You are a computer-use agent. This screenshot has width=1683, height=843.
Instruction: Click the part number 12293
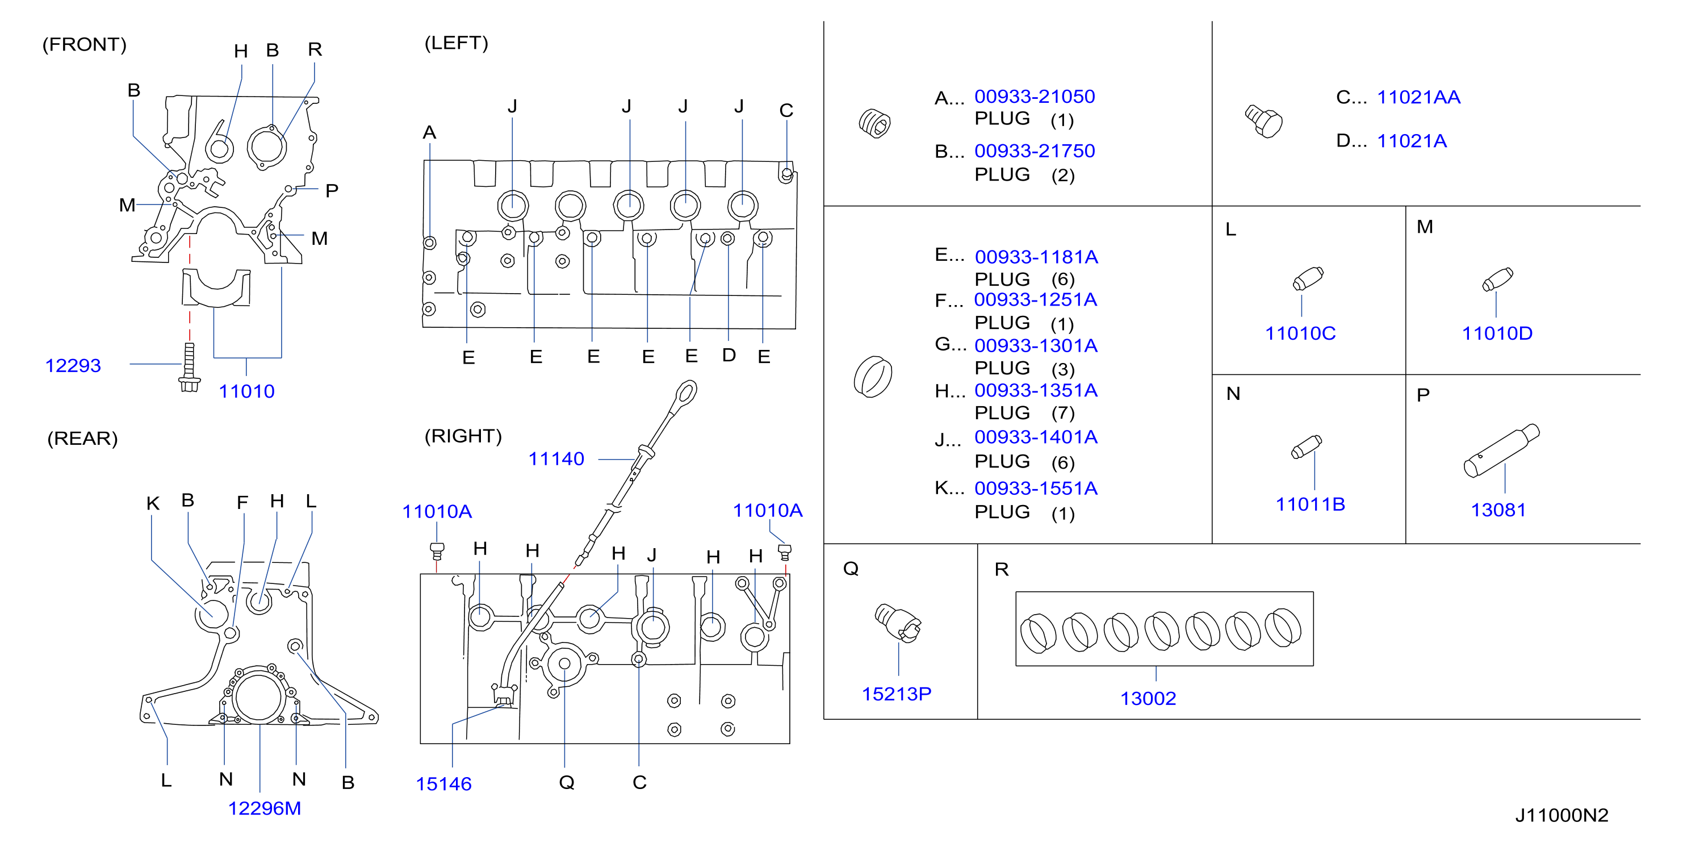point(73,365)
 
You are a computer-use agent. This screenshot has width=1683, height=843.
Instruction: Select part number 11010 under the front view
point(246,391)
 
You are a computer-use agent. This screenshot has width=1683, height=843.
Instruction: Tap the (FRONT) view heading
point(84,44)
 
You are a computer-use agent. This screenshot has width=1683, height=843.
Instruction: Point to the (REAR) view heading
point(82,439)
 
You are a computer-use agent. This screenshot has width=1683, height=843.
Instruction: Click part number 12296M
point(265,808)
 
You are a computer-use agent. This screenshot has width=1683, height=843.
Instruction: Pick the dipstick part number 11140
point(556,459)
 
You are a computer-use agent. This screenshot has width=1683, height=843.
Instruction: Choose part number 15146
point(443,783)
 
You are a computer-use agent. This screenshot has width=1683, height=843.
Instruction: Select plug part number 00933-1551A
point(1036,488)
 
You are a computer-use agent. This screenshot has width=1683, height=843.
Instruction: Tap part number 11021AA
point(1418,97)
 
